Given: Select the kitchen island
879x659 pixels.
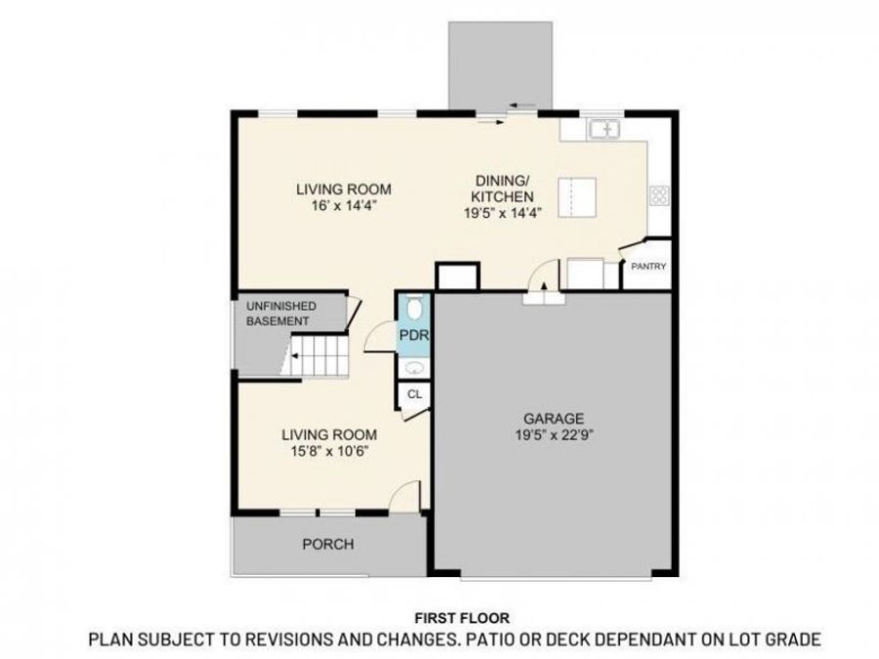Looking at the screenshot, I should point(577,198).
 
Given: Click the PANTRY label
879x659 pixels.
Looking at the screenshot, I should point(648,266).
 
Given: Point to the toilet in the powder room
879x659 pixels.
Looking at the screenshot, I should point(413,309).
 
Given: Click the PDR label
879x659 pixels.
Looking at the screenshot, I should point(412,337).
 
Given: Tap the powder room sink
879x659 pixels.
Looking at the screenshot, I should point(414,368).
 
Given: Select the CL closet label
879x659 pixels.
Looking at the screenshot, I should point(413,394).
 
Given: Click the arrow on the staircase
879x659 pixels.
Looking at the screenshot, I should point(291,359).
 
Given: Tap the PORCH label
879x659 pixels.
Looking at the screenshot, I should point(327,544).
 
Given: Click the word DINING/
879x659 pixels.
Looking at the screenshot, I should point(502,181).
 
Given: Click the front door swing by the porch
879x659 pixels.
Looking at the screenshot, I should point(403,496).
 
